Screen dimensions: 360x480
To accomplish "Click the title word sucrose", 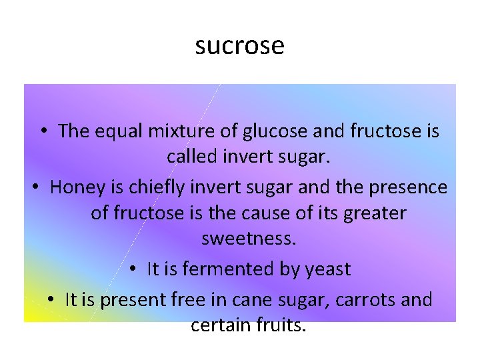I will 240,45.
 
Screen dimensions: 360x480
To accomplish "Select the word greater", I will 373,213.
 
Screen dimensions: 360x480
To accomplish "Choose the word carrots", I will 367,300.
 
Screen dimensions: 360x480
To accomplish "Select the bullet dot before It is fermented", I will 133,270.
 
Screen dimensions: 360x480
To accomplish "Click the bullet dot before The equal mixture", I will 44,132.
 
